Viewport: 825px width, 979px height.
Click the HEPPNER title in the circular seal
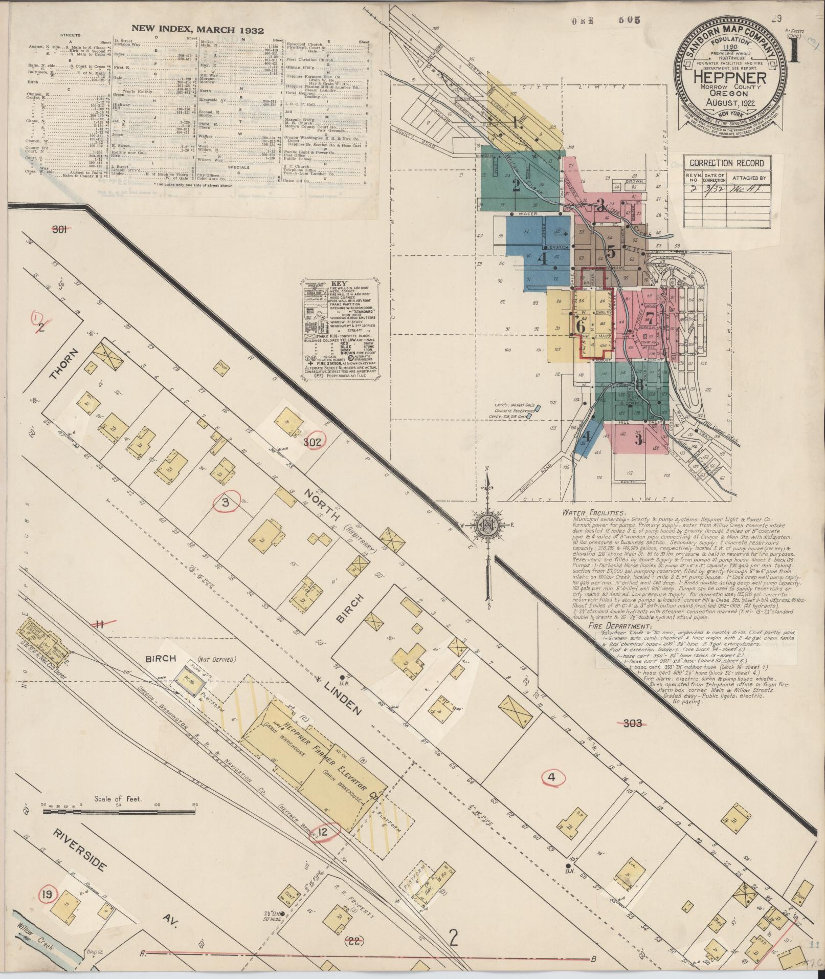point(730,78)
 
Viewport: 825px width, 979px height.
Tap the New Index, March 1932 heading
point(197,30)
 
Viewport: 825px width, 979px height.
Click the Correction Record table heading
point(726,163)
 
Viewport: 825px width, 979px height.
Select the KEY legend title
point(339,283)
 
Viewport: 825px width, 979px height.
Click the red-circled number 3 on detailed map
point(225,502)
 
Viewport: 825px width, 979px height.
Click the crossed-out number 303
point(632,723)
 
